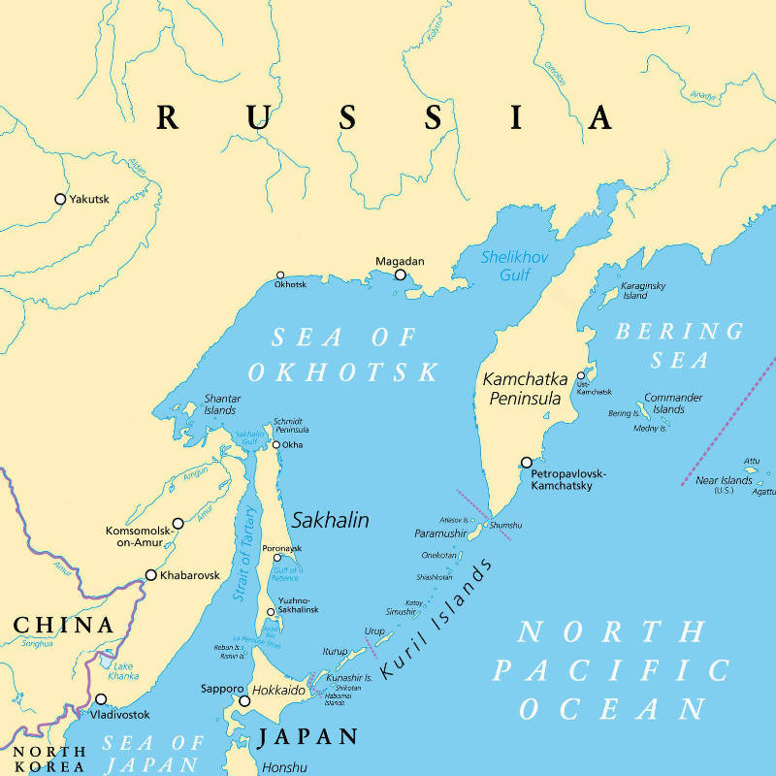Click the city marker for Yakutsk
60,199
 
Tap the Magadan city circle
401,275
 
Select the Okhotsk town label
290,285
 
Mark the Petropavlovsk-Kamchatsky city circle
527,463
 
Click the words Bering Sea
679,345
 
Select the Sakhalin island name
330,520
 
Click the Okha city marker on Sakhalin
276,445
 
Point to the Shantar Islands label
221,404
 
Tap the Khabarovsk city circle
151,575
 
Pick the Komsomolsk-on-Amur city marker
177,523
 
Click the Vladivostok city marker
101,699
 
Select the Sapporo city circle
243,700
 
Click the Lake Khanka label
123,671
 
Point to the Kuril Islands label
436,619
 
